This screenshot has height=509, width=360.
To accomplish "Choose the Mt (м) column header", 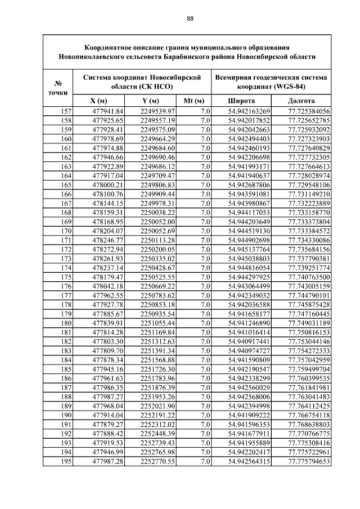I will tap(193, 101).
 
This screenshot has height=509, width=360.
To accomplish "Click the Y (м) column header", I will tap(150, 101).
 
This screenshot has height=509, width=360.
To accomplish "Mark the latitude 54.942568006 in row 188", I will tap(249, 397).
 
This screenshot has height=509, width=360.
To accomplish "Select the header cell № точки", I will tap(58, 86).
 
